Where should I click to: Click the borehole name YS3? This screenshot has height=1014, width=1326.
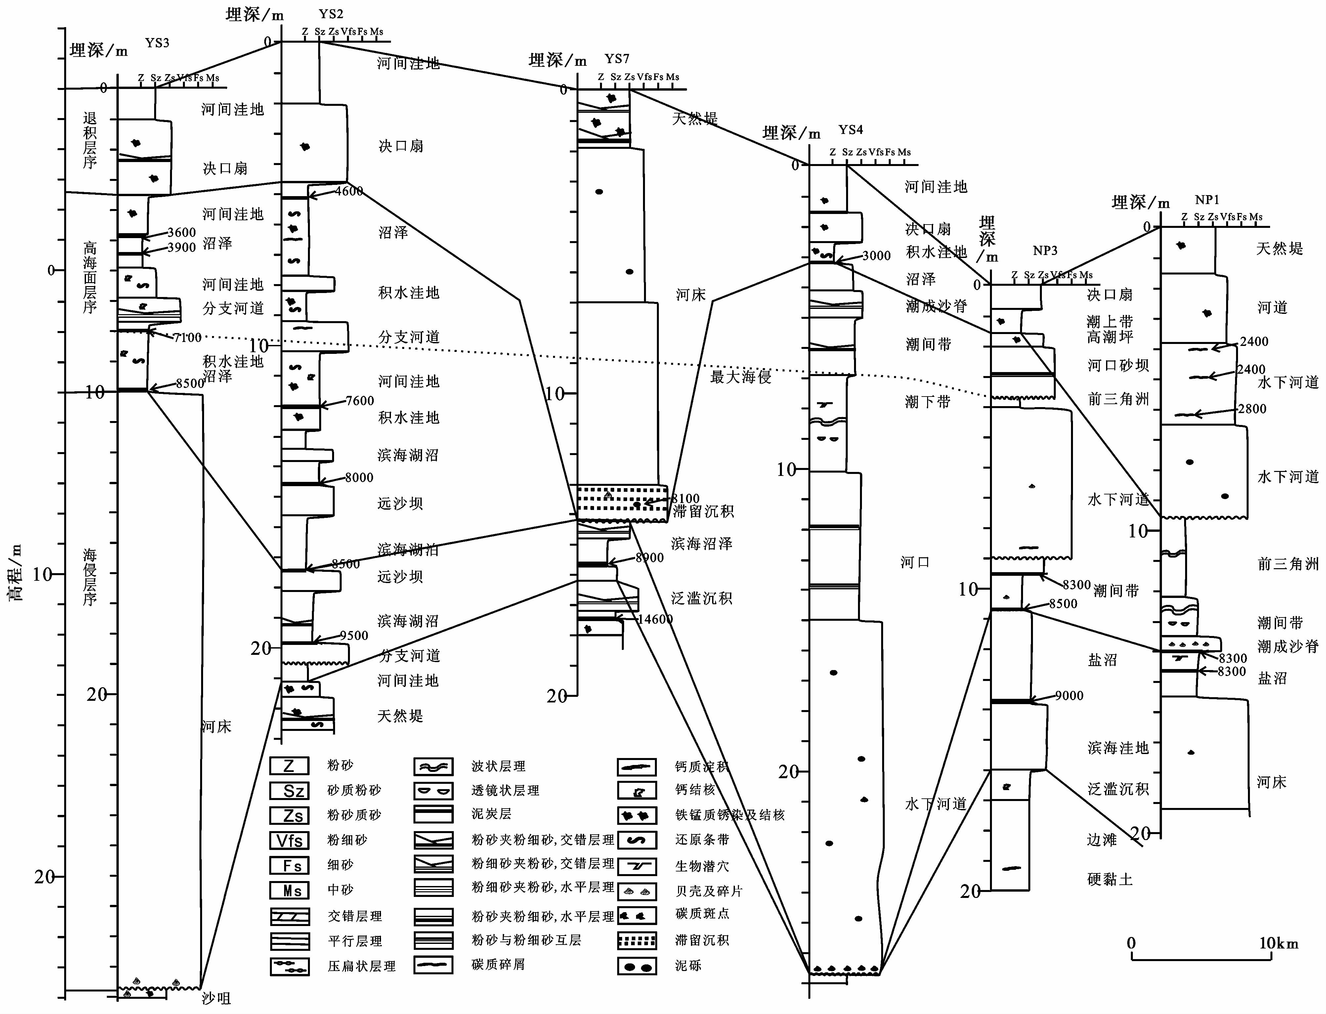[157, 43]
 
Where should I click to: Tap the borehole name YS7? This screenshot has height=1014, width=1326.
[617, 59]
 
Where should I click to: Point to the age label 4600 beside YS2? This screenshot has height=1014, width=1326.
[349, 191]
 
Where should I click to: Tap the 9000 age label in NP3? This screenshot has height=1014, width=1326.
[1069, 696]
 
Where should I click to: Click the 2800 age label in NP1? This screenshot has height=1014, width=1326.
[1252, 409]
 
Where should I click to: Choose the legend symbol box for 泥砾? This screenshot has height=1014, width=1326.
[637, 966]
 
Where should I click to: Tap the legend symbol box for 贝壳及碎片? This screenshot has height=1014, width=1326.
[637, 891]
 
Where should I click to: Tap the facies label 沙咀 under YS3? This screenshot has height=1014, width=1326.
[216, 998]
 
